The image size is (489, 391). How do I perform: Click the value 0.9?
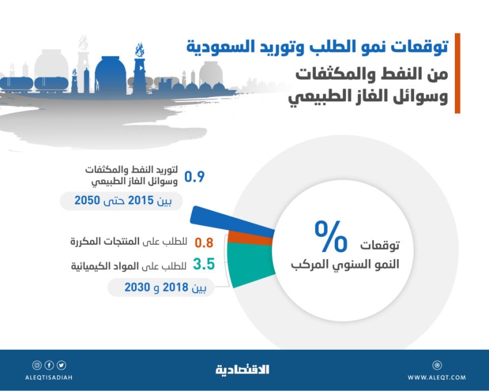[194, 177]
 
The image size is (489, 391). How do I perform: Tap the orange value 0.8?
[203, 242]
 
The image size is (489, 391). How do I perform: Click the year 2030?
[136, 288]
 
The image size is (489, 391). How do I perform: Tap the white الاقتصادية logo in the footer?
[242, 369]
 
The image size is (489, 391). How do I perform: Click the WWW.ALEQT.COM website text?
[437, 377]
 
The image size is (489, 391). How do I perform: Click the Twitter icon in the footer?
[62, 365]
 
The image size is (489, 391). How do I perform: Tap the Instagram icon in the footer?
[37, 365]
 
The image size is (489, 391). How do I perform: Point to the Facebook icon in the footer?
[49, 365]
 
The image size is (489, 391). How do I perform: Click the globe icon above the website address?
[437, 365]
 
